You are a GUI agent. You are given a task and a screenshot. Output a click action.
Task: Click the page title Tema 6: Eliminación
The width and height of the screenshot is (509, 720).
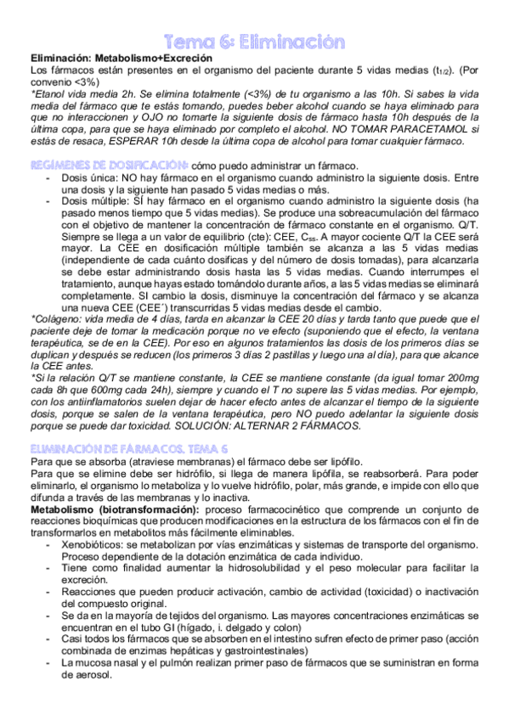pyautogui.click(x=254, y=40)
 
